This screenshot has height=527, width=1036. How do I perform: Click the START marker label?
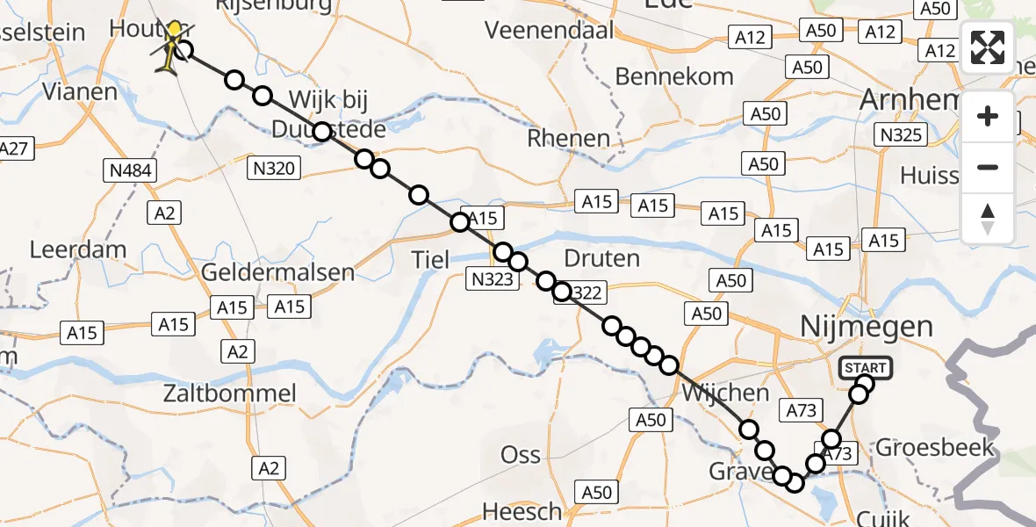865,368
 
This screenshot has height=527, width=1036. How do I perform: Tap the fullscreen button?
988,47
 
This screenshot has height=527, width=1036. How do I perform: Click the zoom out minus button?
988,167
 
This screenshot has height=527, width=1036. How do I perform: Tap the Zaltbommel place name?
230,393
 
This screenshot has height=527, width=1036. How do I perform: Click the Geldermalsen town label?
277,271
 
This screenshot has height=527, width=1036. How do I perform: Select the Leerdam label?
78,249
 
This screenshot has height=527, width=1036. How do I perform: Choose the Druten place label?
601,259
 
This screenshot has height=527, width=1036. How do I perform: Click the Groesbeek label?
935,446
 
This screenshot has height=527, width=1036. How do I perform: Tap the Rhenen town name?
568,138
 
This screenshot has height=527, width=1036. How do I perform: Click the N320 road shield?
274,167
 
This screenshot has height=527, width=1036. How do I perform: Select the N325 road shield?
900,134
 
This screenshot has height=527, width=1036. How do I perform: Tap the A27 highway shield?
16,148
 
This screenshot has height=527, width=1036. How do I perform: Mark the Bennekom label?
674,76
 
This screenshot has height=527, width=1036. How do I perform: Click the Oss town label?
520,455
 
